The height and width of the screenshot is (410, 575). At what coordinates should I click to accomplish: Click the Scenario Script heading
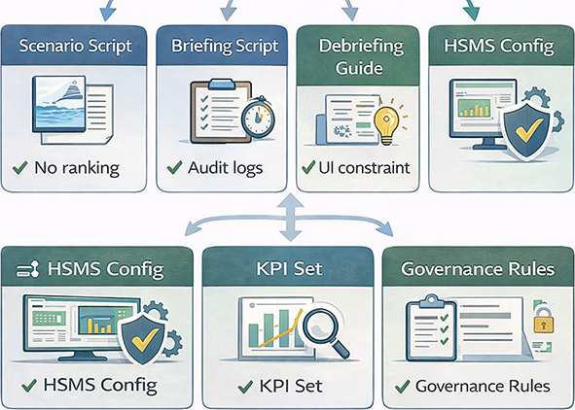tap(75, 46)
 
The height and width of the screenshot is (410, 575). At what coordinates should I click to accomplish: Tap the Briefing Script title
tap(225, 47)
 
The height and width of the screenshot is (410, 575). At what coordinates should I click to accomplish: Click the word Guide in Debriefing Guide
tap(359, 68)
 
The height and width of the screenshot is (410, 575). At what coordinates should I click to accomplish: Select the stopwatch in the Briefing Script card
tap(258, 117)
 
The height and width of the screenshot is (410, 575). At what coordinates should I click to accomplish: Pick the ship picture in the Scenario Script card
tap(59, 104)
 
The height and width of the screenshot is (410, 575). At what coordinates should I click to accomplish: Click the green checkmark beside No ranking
tap(19, 167)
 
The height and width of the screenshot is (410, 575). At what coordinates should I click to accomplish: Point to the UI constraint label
tap(364, 168)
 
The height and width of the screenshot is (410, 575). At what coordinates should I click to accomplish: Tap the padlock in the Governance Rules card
tap(544, 321)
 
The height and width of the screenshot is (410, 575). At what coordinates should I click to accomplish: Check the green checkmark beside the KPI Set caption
tap(245, 387)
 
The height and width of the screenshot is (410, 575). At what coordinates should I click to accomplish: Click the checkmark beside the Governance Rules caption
tap(402, 387)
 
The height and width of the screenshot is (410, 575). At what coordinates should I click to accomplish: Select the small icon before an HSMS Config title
tap(27, 270)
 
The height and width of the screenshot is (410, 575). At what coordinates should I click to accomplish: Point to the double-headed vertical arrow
tap(290, 217)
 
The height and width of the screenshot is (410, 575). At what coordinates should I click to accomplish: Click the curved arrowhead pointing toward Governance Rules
tap(386, 230)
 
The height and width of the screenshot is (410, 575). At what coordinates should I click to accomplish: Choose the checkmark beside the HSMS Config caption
tap(29, 385)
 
